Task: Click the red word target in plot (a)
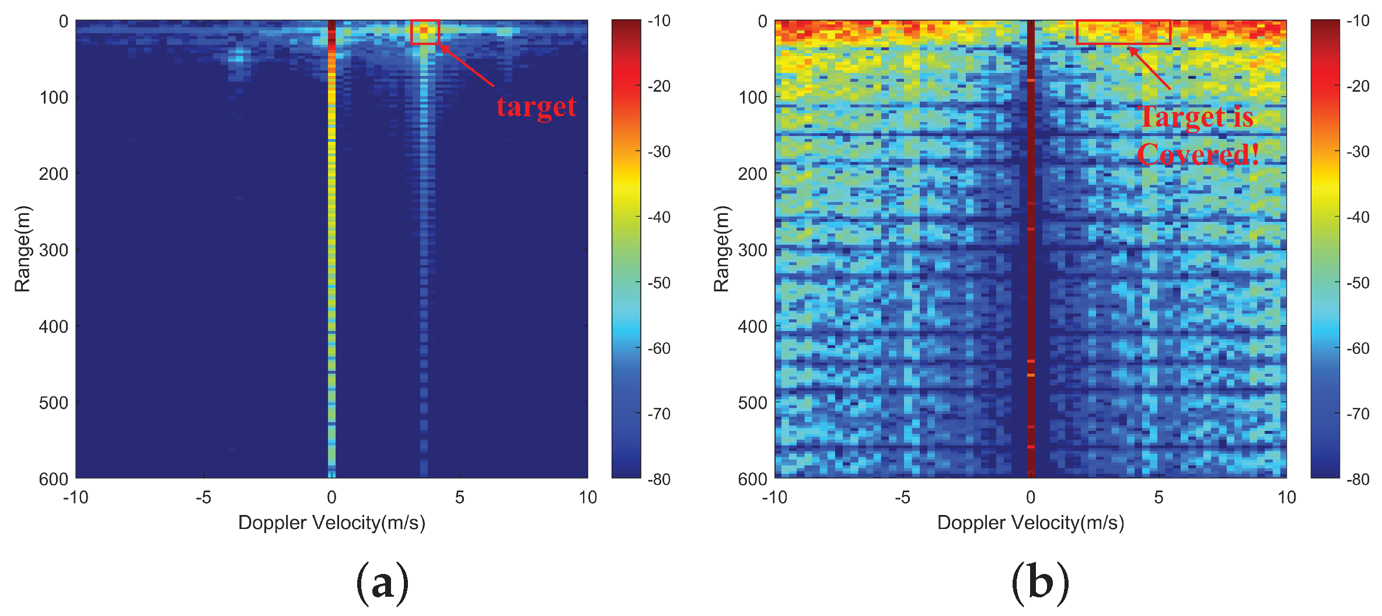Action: tap(536, 107)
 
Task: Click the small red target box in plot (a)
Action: tap(424, 32)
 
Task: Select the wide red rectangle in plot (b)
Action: tap(1123, 32)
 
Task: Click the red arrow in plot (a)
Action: tap(467, 65)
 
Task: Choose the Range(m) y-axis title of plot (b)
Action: tap(721, 249)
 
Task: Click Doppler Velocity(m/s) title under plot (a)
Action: tap(331, 523)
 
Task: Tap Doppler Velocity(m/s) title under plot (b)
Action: tap(1031, 523)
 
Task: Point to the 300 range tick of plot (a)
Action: tap(54, 250)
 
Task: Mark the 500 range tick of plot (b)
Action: tap(753, 403)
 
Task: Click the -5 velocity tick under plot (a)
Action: tap(203, 497)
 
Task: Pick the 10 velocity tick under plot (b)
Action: tap(1286, 497)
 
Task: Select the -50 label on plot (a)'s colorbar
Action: tap(659, 283)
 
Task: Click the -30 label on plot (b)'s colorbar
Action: tap(1359, 152)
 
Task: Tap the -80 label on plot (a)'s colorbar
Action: tap(659, 479)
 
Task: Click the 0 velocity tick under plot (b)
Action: tap(1031, 497)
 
